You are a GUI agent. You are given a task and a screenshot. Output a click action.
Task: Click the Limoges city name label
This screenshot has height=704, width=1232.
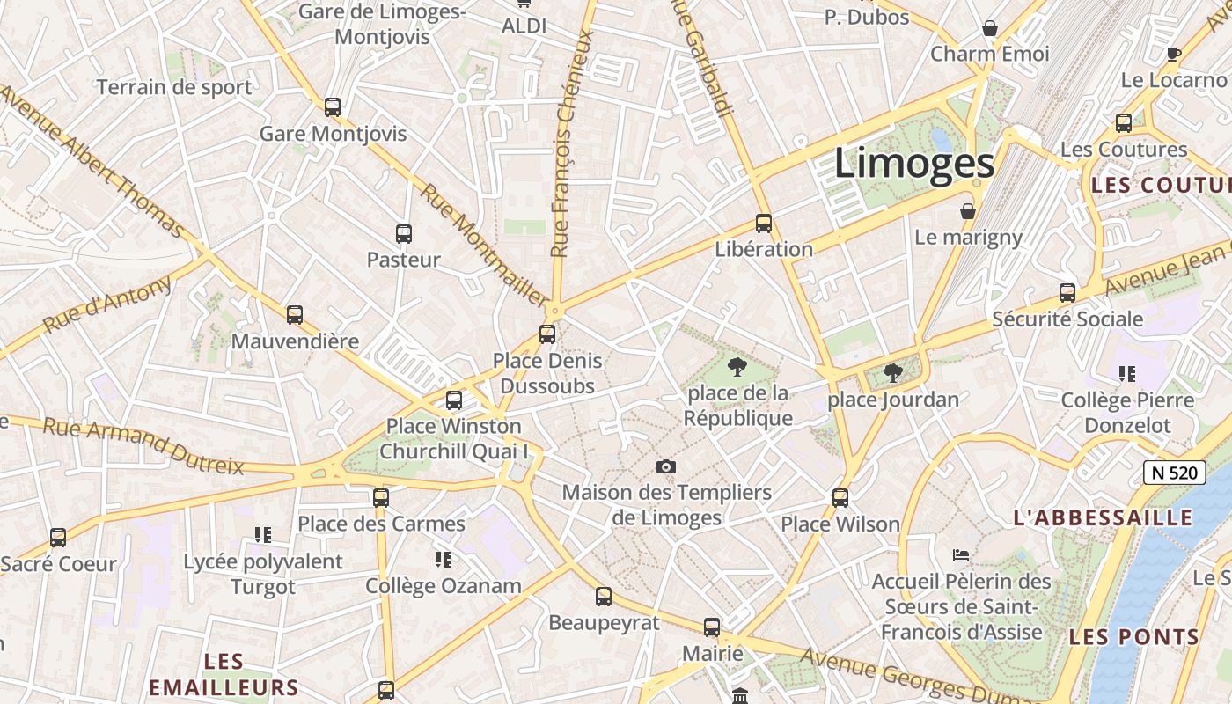(914, 164)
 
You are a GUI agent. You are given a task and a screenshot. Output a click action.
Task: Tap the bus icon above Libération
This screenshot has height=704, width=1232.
(763, 224)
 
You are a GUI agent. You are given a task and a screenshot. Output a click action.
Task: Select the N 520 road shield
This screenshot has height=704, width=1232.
(1174, 473)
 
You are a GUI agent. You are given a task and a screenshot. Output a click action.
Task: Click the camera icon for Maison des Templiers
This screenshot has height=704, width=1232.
(666, 466)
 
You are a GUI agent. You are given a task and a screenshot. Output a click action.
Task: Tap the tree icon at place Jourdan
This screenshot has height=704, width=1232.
(892, 373)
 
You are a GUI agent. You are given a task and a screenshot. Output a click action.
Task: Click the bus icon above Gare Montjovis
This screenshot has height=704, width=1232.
(332, 107)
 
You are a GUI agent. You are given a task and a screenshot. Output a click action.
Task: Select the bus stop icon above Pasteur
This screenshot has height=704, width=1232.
(403, 234)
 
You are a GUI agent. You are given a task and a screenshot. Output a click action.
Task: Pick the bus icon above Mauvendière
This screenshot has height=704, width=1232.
(294, 315)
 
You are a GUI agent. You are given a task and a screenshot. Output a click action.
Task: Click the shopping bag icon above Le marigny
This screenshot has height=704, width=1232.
(968, 211)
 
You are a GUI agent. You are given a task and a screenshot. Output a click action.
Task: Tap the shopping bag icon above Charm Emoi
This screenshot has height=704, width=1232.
(990, 28)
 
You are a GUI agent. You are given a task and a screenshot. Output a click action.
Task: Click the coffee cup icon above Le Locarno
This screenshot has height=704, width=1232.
(1173, 54)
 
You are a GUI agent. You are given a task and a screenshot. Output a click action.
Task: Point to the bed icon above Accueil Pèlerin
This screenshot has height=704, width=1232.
(961, 555)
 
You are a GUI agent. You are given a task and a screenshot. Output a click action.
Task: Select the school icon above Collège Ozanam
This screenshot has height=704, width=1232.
(443, 559)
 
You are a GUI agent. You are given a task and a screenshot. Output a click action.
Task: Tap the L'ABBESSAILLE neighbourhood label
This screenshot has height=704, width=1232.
(1103, 517)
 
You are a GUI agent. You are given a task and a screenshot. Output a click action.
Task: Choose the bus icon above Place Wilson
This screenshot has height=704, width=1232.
(840, 498)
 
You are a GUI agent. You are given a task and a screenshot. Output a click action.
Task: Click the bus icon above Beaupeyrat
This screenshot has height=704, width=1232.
(603, 597)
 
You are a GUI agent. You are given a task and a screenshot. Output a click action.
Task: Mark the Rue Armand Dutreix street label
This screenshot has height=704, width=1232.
(143, 446)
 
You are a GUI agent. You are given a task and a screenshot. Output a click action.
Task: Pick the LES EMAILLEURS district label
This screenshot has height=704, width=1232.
(224, 675)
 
